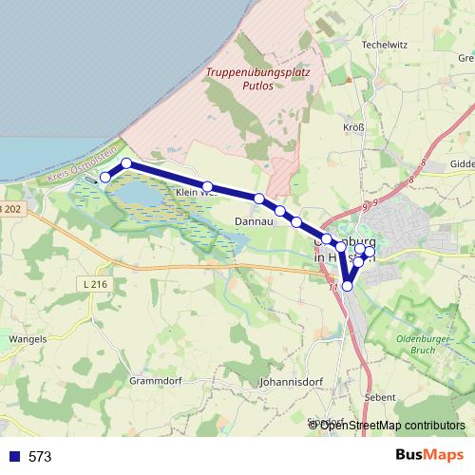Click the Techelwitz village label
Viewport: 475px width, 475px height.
point(384,45)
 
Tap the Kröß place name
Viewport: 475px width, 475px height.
point(352,126)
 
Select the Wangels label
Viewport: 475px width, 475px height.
point(27,338)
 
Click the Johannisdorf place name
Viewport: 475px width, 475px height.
point(291,384)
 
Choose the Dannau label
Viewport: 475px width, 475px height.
point(254,221)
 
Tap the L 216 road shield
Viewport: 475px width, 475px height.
point(96,283)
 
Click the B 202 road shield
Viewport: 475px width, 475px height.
point(9,208)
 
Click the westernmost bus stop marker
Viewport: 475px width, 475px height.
point(105,177)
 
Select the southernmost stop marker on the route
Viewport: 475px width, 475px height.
point(348,285)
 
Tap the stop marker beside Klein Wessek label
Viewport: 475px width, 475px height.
point(207,186)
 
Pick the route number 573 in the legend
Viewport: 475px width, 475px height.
point(40,457)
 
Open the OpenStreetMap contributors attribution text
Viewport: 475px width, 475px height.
point(391,425)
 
